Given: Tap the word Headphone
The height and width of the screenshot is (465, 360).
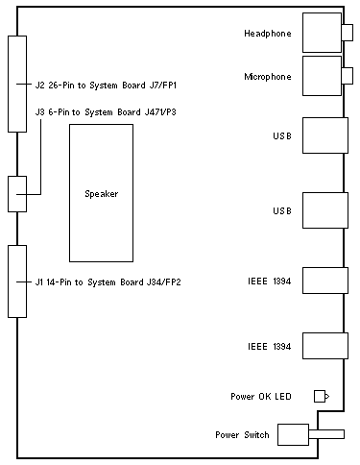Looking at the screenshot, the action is pos(268,34).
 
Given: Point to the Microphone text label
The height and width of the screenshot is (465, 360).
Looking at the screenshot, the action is pos(268,77).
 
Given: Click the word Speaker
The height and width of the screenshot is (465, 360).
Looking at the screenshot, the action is pos(102,194).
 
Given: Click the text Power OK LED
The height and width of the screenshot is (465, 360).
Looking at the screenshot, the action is pos(261,397).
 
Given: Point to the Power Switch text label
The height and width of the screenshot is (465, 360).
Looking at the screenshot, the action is pos(242,435).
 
